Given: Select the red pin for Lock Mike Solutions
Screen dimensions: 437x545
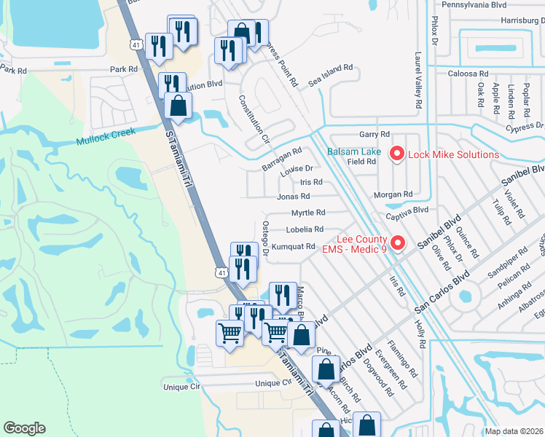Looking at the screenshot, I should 397,154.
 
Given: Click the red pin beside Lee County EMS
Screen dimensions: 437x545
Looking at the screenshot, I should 397,243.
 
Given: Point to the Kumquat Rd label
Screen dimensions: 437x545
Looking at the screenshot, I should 295,246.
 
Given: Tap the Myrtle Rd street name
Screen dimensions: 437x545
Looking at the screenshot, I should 307,213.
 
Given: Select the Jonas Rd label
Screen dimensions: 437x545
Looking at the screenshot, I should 294,197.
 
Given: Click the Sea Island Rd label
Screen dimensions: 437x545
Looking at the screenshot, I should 330,76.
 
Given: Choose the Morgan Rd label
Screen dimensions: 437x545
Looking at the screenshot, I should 393,194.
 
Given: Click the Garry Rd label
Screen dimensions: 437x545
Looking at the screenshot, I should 375,135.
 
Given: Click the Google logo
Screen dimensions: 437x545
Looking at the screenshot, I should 25,428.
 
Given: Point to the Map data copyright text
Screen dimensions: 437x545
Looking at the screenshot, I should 514,431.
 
